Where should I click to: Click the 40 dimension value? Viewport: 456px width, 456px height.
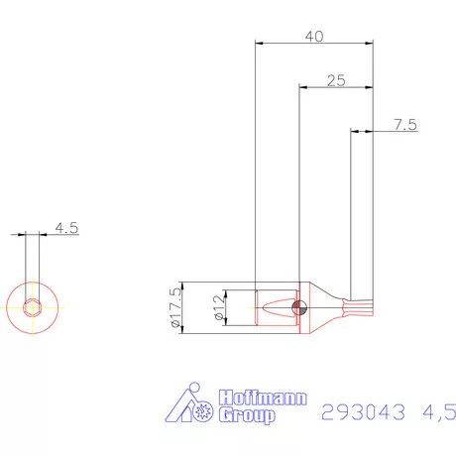pos(314,36)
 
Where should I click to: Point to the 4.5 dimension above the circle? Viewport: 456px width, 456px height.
pos(66,228)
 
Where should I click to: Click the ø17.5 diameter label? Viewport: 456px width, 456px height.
pos(176,306)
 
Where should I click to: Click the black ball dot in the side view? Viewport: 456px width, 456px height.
pos(296,306)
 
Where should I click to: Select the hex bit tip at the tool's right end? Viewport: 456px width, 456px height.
pos(358,306)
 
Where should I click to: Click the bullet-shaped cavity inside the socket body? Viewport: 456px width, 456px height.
pos(276,306)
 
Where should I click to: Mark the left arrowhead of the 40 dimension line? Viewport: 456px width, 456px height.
pos(260,43)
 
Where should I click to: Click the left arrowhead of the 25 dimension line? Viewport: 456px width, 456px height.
pos(303,87)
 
